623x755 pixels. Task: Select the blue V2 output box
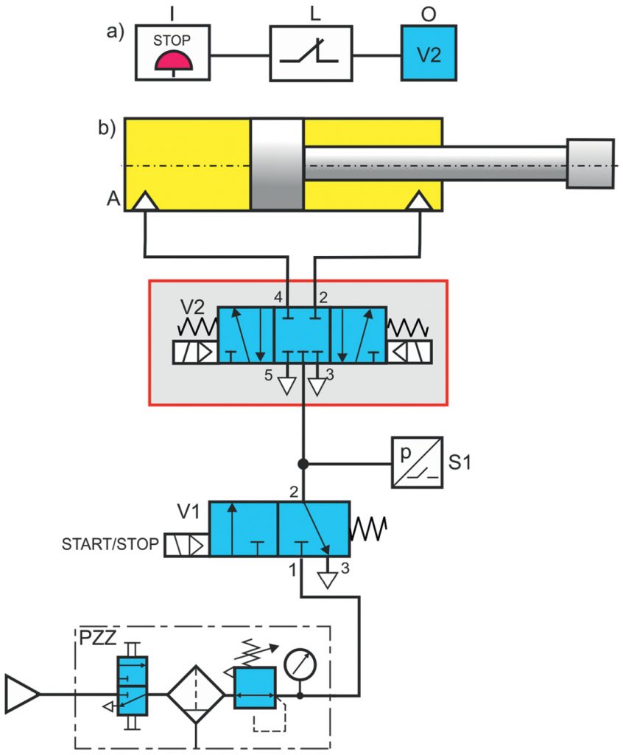click(429, 53)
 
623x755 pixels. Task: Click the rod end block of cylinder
click(590, 163)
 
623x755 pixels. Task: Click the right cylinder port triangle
click(420, 201)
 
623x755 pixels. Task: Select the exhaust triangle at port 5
click(287, 385)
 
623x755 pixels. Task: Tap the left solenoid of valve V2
click(194, 352)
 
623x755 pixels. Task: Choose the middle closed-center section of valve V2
click(302, 335)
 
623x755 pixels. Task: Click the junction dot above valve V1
click(302, 465)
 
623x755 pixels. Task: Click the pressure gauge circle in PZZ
click(300, 662)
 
